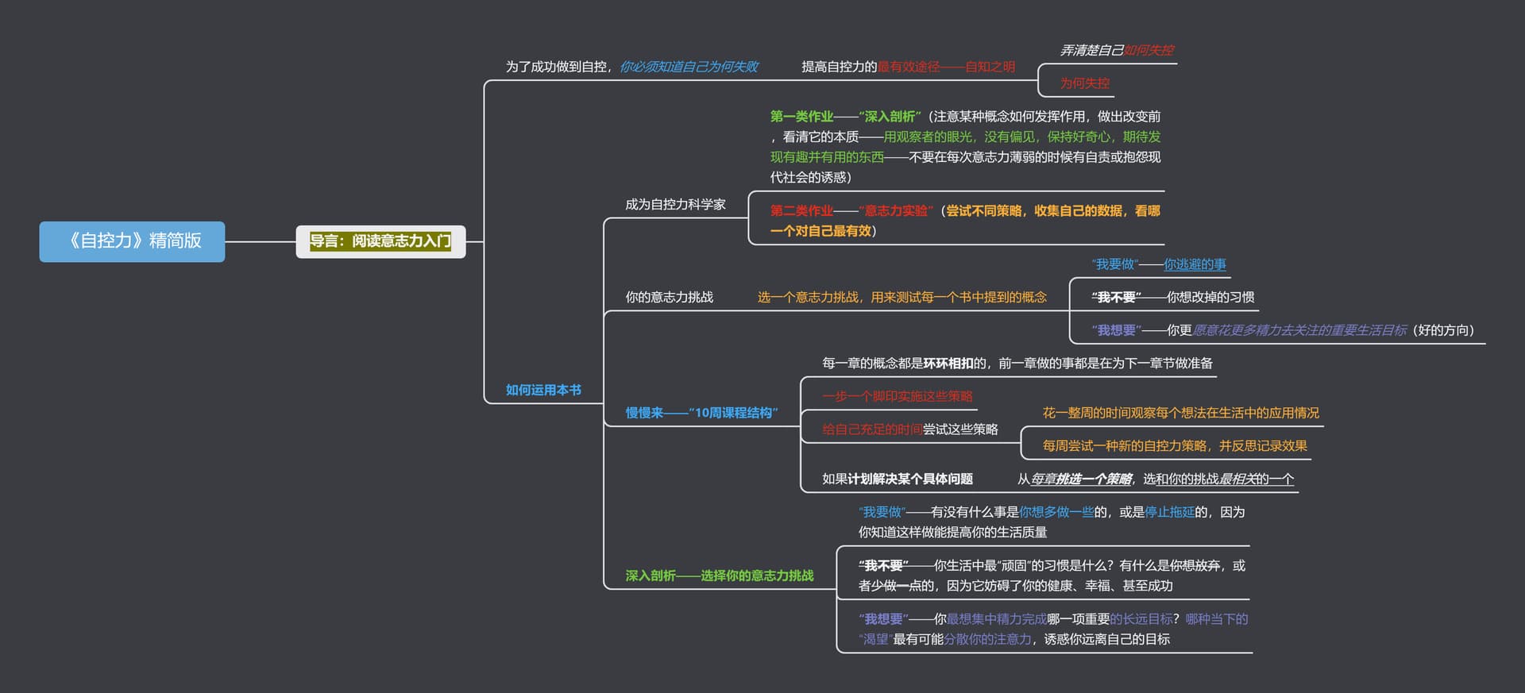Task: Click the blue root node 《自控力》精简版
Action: click(x=132, y=241)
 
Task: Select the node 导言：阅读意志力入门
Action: click(x=380, y=241)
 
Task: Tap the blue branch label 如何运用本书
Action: click(x=543, y=390)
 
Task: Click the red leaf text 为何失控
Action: click(x=1085, y=83)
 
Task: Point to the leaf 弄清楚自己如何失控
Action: click(x=1117, y=50)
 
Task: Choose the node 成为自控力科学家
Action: click(x=675, y=205)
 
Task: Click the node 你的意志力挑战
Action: click(x=669, y=298)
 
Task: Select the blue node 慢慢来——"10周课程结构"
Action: click(x=701, y=413)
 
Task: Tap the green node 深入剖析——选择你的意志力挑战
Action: click(x=719, y=576)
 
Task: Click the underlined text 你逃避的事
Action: click(x=1195, y=264)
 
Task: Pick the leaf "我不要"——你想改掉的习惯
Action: click(x=1172, y=298)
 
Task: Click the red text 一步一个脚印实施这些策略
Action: click(x=898, y=396)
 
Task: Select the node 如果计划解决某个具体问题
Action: click(x=898, y=479)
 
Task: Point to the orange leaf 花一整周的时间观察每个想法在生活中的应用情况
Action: click(x=1180, y=413)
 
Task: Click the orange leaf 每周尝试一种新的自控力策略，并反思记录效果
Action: click(x=1175, y=446)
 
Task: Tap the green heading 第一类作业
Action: click(x=801, y=117)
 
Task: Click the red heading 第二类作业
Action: click(x=801, y=211)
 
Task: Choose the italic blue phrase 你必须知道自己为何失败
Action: click(x=689, y=67)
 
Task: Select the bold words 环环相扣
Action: click(x=948, y=364)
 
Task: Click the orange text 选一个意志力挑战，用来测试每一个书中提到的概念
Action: click(x=901, y=298)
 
